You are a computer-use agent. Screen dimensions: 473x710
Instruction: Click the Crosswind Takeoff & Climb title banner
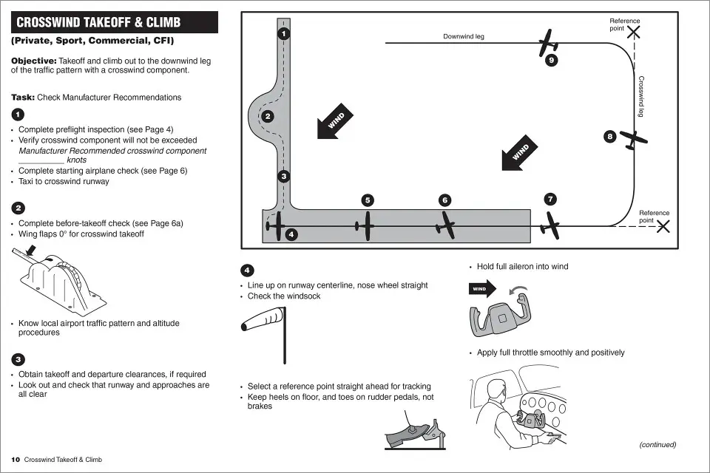(115, 22)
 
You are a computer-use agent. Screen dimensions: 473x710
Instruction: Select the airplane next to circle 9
(548, 44)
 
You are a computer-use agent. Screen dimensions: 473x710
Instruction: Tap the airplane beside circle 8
(633, 139)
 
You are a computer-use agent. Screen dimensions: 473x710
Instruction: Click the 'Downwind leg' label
(464, 36)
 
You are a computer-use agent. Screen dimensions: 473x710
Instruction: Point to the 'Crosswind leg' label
(641, 96)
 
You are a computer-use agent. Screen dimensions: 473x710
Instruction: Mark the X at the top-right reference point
(634, 32)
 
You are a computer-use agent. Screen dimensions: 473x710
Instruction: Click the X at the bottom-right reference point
(663, 226)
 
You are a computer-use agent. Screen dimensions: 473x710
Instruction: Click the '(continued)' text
(657, 444)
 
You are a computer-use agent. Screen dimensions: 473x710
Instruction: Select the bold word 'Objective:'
(33, 60)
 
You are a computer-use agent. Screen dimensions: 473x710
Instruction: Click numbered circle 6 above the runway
(444, 200)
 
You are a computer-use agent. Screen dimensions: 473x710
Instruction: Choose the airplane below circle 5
(367, 225)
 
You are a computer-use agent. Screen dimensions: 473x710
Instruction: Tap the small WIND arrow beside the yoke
(481, 288)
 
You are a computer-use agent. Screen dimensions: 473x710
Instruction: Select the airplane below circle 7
(550, 225)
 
